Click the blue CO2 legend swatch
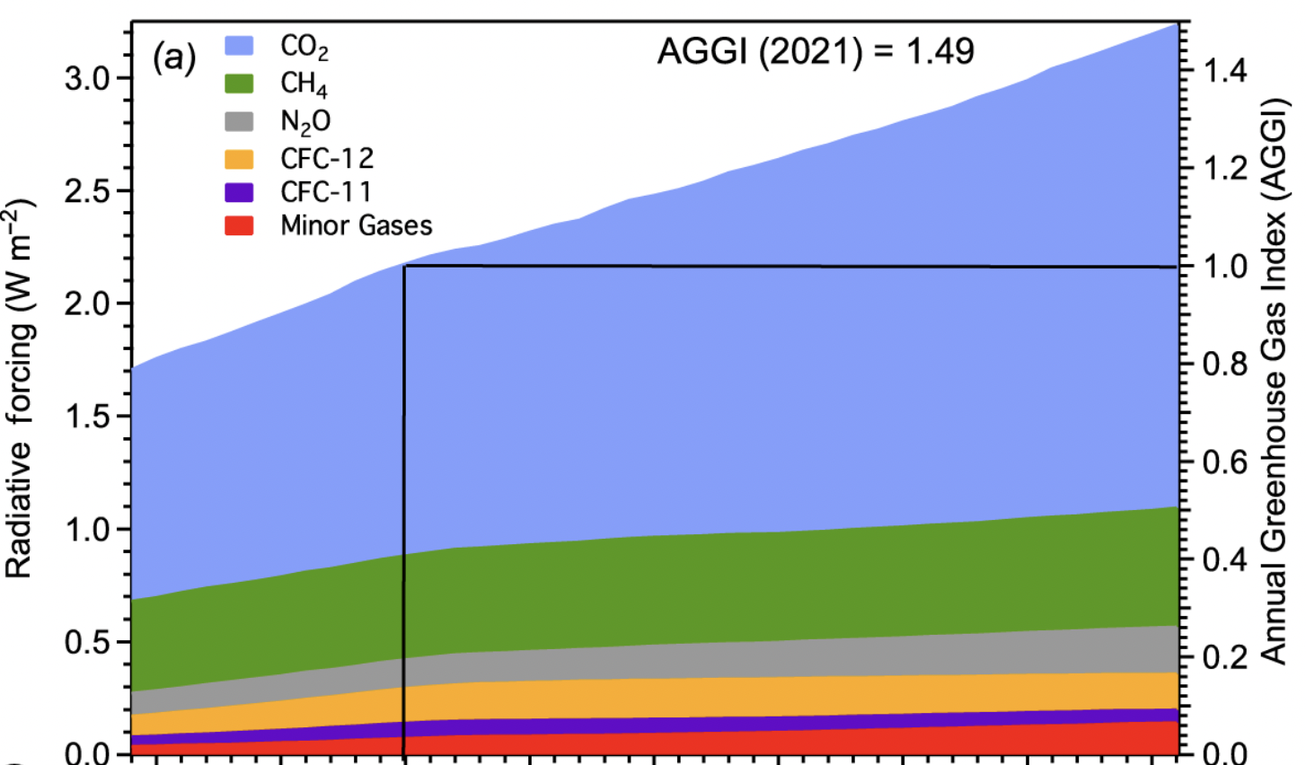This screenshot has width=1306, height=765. coord(239,46)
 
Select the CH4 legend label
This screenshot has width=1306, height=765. coord(304,84)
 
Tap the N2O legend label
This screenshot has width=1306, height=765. coord(305,121)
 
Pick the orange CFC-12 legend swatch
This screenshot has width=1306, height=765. coord(239,159)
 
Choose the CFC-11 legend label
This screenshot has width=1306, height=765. coord(325,192)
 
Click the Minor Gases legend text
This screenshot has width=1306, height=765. coord(356,225)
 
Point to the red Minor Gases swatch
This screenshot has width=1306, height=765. coord(239,225)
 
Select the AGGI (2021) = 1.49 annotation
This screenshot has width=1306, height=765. coord(815,51)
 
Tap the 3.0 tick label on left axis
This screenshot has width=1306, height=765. coord(86,78)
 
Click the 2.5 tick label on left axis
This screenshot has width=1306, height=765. coord(86,191)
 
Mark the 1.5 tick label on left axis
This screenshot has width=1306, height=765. coord(86,417)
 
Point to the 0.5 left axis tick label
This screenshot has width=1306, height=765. coord(86,642)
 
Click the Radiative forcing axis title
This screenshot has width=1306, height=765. coord(22,389)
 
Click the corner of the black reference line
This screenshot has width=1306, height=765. coord(405,267)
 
